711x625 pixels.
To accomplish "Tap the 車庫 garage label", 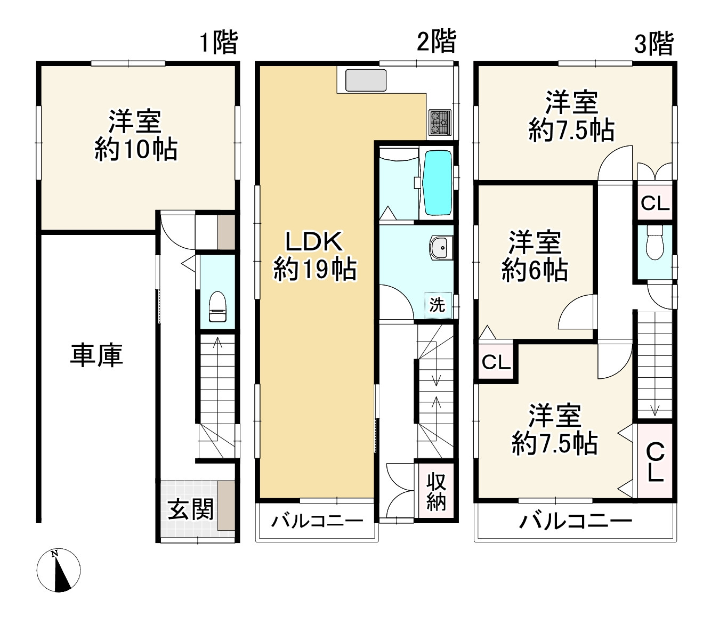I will pyautogui.click(x=96, y=355).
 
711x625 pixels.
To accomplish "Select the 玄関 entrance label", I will pyautogui.click(x=191, y=509).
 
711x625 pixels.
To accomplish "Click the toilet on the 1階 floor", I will pyautogui.click(x=217, y=307).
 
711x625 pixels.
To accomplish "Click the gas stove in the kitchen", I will pyautogui.click(x=440, y=121).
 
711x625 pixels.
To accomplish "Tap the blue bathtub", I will pyautogui.click(x=437, y=182).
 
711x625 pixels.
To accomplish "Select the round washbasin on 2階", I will pyautogui.click(x=440, y=248).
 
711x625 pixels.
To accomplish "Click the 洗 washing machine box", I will pyautogui.click(x=438, y=305).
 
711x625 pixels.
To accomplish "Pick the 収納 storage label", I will pyautogui.click(x=436, y=492).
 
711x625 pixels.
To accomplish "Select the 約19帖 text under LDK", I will pyautogui.click(x=315, y=269).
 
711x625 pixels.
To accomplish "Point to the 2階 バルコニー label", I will pyautogui.click(x=318, y=521).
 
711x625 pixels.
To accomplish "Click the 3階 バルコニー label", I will pyautogui.click(x=576, y=521).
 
